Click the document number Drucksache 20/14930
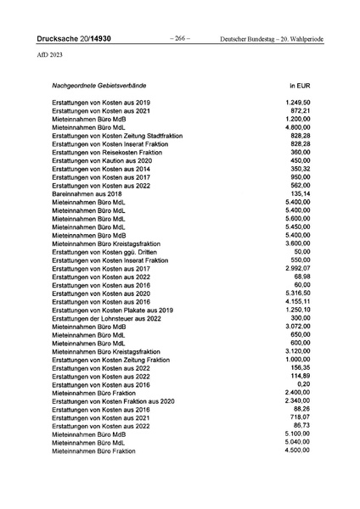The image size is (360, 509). pyautogui.click(x=74, y=39)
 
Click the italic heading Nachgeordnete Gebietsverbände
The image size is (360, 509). pyautogui.click(x=100, y=87)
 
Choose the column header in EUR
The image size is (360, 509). pyautogui.click(x=299, y=87)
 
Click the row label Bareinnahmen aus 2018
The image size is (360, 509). pyautogui.click(x=86, y=194)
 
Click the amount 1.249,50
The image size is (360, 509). pyautogui.click(x=297, y=103)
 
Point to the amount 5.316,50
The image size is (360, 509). pyautogui.click(x=297, y=293)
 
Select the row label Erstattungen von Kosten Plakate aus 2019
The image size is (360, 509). pyautogui.click(x=112, y=310)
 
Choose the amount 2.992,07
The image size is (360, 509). pyautogui.click(x=297, y=269)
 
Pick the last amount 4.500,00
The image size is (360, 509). pyautogui.click(x=297, y=450)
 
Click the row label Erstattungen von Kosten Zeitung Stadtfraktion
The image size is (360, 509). pyautogui.click(x=117, y=136)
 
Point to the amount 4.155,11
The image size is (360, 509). pyautogui.click(x=297, y=301)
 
